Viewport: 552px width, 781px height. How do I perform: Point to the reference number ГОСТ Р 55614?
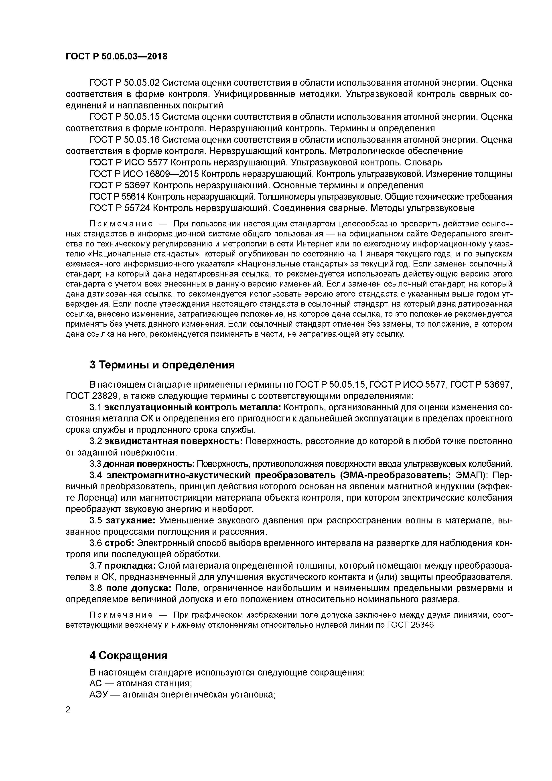117,197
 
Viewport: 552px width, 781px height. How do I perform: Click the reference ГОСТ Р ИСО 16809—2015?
144,174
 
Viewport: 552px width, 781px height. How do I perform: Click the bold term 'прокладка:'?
130,566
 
